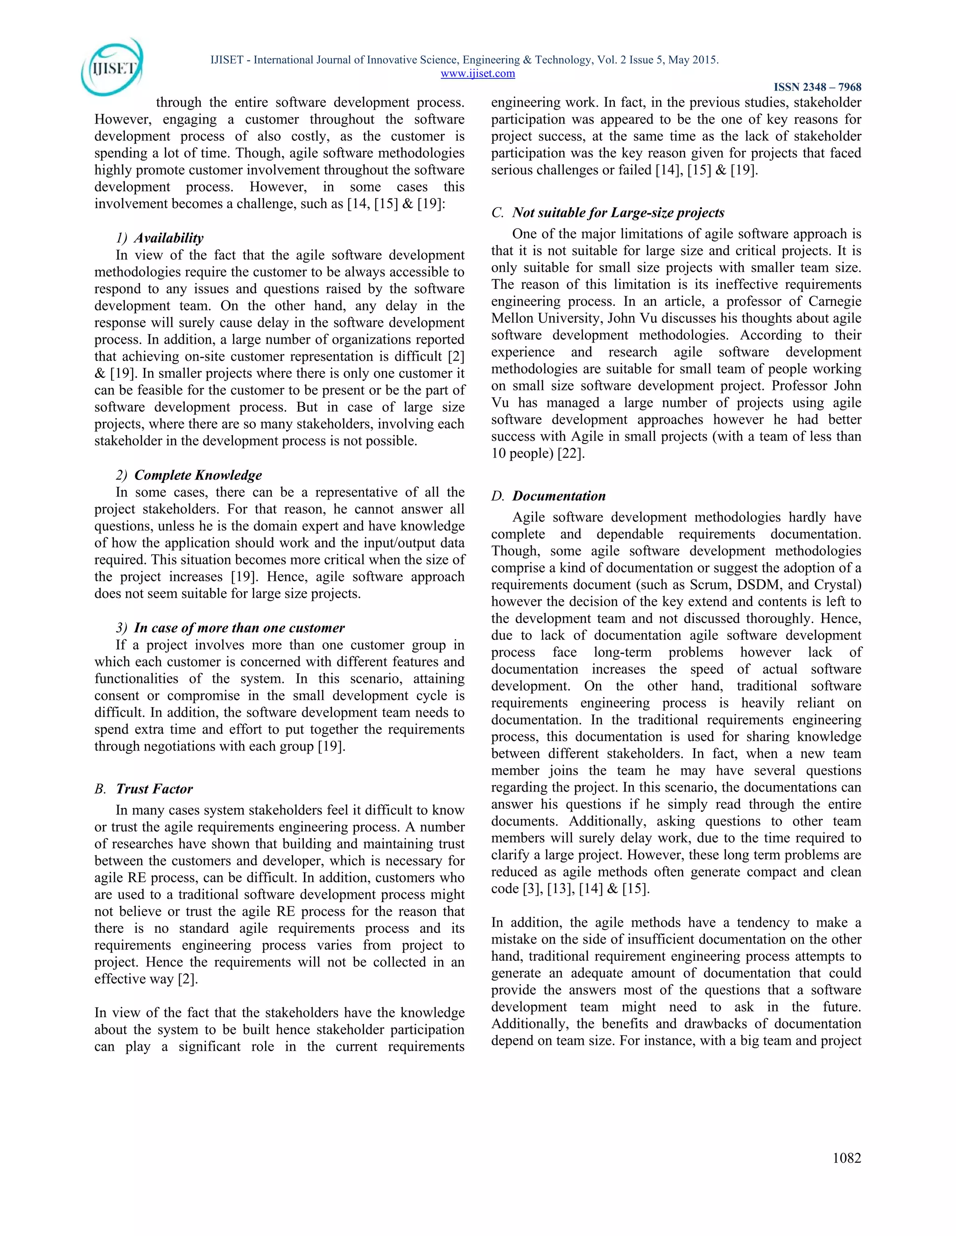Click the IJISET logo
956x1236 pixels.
point(112,67)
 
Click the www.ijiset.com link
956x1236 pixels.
point(478,74)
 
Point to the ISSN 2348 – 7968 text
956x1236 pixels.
point(817,87)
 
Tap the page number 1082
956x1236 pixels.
point(847,1158)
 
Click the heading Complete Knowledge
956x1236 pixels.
point(197,475)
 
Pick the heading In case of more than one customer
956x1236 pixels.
point(239,628)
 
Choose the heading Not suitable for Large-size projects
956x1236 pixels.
point(618,213)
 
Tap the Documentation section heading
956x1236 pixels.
point(558,496)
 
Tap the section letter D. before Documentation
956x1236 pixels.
point(498,496)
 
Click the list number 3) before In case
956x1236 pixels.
point(121,628)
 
